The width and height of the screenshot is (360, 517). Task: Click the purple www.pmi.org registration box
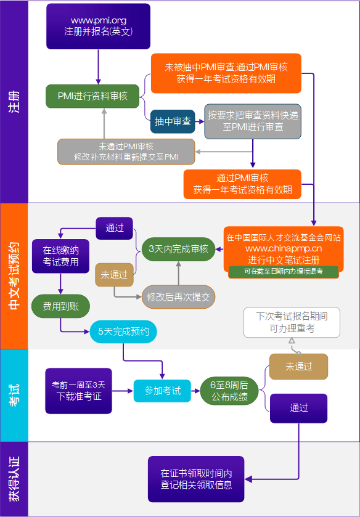point(98,26)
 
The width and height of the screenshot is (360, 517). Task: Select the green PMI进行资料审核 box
point(93,96)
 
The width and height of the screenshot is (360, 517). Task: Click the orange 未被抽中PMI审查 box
point(226,73)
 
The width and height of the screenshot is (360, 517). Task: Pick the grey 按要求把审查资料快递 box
point(253,121)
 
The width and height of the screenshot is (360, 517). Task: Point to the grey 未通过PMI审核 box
point(126,152)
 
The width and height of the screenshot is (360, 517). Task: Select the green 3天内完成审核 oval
point(178,250)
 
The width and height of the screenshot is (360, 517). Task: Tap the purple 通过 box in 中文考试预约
point(115,228)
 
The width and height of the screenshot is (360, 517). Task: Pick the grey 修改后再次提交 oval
point(178,296)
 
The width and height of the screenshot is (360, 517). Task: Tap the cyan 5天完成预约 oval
point(123,332)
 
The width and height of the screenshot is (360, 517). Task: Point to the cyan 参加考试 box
point(163,391)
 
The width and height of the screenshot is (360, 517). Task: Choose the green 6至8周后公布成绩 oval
point(229,391)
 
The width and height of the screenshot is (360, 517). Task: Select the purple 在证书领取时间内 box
point(196,479)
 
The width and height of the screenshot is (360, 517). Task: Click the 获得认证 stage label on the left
point(14,479)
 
